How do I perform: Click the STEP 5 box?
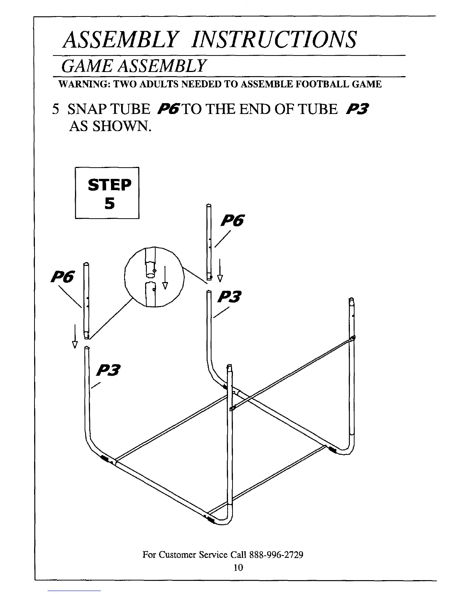[107, 193]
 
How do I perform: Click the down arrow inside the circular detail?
[165, 280]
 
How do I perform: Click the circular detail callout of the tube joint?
[155, 277]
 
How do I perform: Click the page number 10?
[238, 567]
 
